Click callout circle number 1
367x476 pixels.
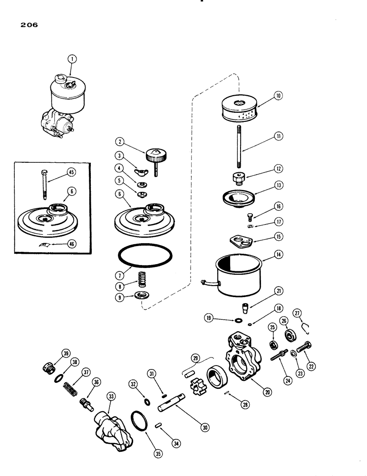(x=72, y=59)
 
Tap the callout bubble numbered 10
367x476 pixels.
(x=278, y=96)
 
